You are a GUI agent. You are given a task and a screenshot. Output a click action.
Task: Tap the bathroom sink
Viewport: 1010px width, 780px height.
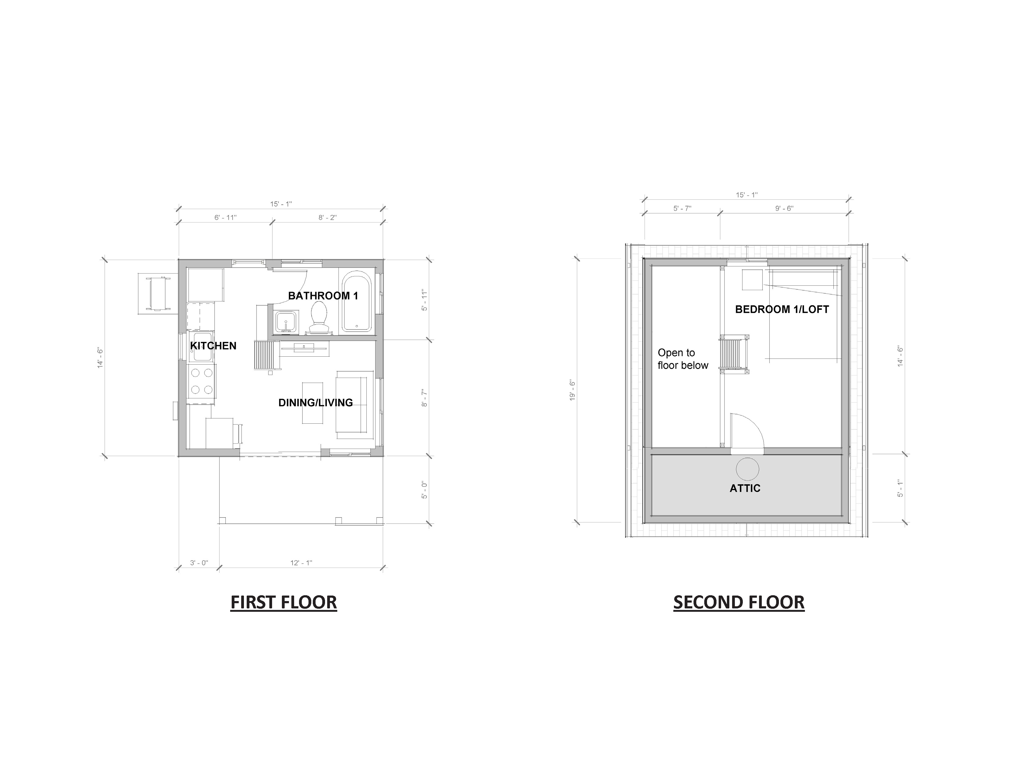coord(286,321)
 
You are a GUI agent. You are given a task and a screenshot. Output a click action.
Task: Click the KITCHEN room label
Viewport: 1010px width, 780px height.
coord(213,346)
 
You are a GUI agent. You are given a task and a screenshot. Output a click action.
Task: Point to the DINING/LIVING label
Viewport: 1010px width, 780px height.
coord(315,403)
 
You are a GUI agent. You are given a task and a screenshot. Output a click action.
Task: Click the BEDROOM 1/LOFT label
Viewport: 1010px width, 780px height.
coord(782,310)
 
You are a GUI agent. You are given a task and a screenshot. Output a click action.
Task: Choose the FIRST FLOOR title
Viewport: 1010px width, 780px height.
coord(283,603)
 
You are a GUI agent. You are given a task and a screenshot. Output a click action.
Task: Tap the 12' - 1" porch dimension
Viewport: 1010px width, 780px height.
coord(301,563)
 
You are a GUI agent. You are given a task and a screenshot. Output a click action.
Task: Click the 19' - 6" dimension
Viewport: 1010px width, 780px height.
coord(573,390)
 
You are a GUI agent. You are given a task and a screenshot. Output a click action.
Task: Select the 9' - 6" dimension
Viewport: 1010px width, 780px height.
coord(784,208)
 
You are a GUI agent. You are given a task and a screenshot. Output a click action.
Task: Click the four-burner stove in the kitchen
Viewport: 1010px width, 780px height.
coord(202,381)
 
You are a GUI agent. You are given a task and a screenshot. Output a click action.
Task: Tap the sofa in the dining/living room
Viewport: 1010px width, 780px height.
coord(355,405)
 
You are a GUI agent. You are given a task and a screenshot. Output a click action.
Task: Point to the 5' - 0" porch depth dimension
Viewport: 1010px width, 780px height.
coord(424,490)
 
